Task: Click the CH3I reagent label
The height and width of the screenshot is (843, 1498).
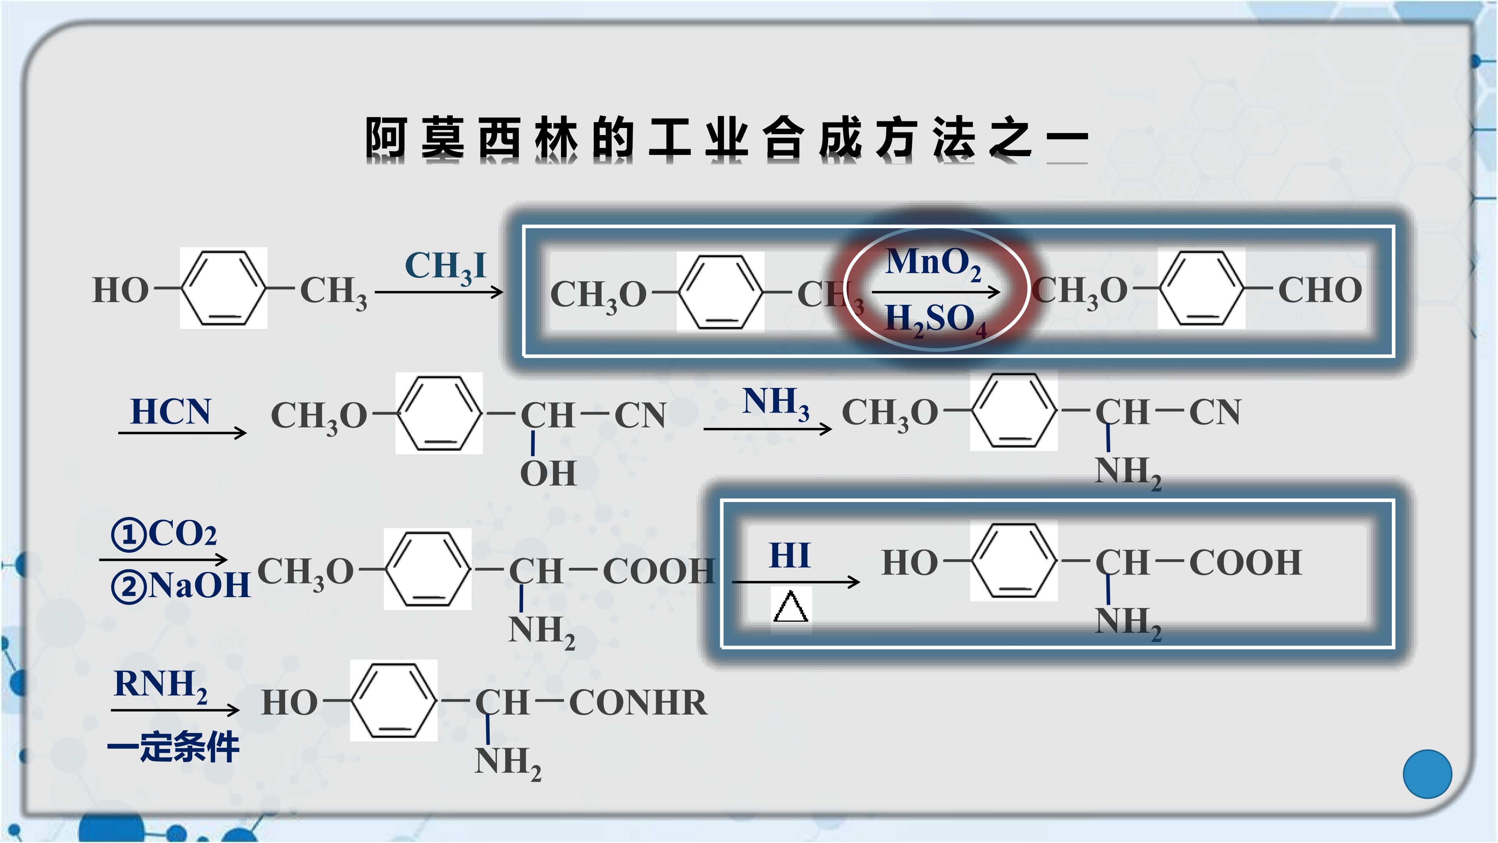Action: (x=445, y=268)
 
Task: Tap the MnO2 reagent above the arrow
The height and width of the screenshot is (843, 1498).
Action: (x=934, y=263)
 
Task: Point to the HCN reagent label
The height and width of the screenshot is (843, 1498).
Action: (x=170, y=412)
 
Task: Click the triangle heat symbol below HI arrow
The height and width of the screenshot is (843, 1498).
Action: (x=791, y=607)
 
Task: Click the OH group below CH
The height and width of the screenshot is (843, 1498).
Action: (x=548, y=473)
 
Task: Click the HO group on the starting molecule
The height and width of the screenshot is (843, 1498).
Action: (x=121, y=290)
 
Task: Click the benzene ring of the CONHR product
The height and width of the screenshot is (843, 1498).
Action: (x=394, y=700)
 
